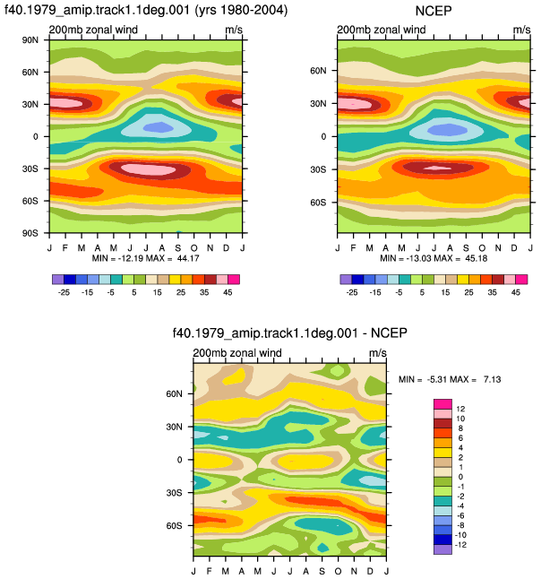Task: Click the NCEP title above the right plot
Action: [434, 11]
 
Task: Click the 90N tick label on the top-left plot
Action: [30, 39]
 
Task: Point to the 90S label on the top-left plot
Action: [30, 233]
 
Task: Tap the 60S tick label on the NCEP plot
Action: [318, 203]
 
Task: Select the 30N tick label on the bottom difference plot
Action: [174, 427]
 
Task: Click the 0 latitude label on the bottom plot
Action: [179, 460]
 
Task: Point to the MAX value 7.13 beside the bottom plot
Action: [493, 379]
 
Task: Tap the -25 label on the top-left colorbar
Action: [64, 292]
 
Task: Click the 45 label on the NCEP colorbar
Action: [516, 292]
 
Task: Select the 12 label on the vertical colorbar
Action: [460, 409]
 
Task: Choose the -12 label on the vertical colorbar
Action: [461, 545]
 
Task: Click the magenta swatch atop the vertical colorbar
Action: [442, 404]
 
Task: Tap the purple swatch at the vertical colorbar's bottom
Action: [442, 549]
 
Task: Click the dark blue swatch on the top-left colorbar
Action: [70, 279]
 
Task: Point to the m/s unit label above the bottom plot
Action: [378, 353]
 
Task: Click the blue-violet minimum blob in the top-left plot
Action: [159, 128]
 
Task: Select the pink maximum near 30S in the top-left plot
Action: [149, 169]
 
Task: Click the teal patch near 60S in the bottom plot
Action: [323, 526]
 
